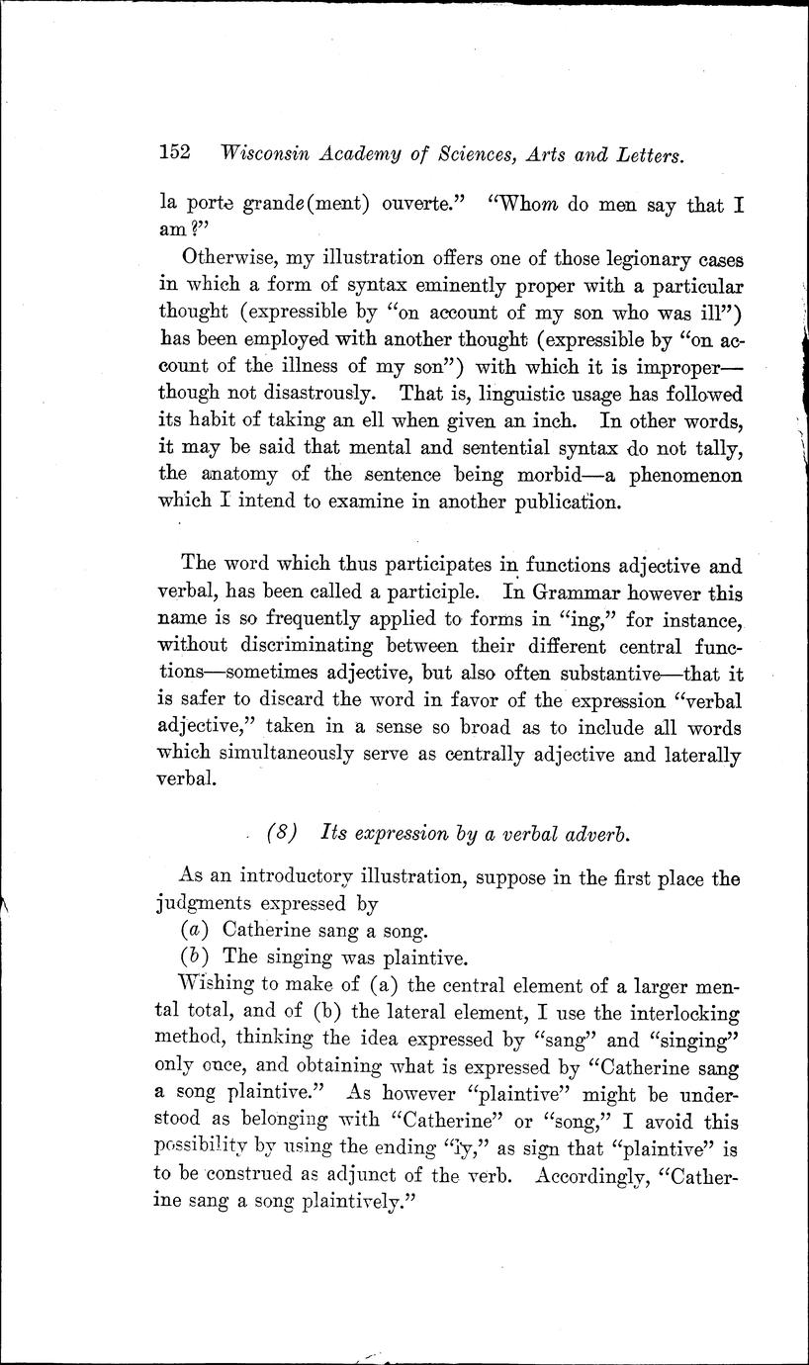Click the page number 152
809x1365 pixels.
[174, 153]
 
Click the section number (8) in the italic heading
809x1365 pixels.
[282, 833]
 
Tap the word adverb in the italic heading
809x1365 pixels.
[598, 833]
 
